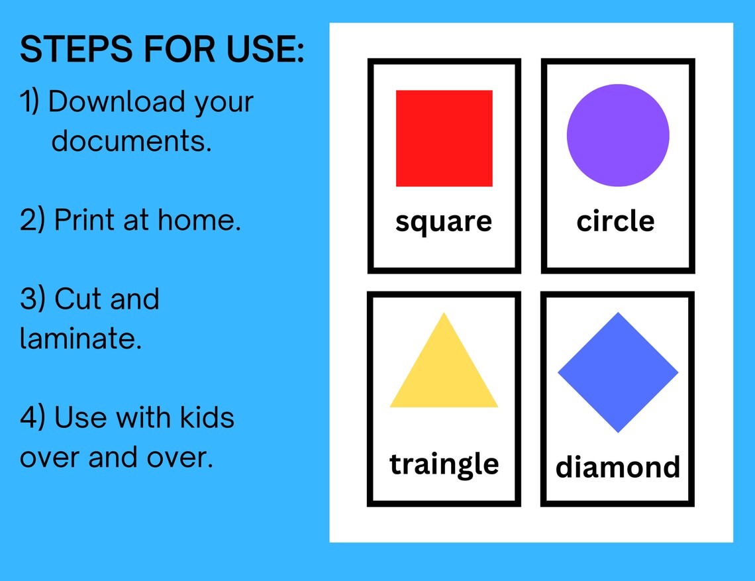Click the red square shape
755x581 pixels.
[x=444, y=138]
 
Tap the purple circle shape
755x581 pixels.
[x=618, y=135]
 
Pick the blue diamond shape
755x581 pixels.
[x=618, y=372]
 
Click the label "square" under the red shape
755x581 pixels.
[x=444, y=222]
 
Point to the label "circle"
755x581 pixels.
[x=615, y=221]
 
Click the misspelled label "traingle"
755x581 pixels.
[x=444, y=464]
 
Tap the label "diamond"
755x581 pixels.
[x=617, y=467]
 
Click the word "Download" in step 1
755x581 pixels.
[x=117, y=102]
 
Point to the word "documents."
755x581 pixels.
[x=132, y=140]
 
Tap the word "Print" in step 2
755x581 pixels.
[x=84, y=220]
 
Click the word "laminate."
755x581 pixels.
[x=81, y=338]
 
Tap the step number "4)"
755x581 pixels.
[x=32, y=418]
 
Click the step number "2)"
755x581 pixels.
[x=32, y=220]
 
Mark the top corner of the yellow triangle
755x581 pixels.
[x=444, y=314]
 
